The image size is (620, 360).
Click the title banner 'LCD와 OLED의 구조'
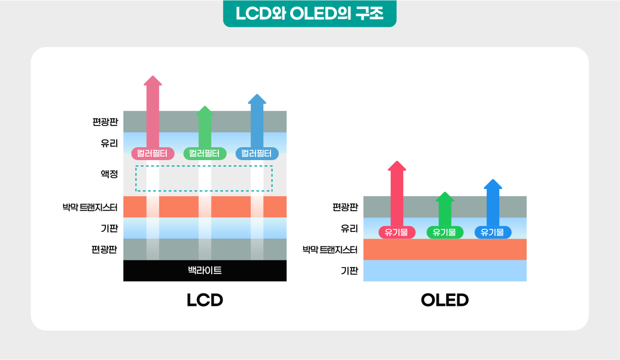pyautogui.click(x=310, y=13)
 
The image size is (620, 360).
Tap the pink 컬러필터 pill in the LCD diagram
pyautogui.click(x=153, y=153)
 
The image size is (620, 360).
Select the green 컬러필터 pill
pyautogui.click(x=205, y=153)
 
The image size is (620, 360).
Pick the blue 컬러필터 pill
pyautogui.click(x=257, y=153)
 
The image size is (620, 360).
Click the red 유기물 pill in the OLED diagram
pyautogui.click(x=397, y=232)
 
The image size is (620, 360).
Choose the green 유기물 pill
pyautogui.click(x=445, y=232)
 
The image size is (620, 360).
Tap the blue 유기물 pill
pyautogui.click(x=493, y=232)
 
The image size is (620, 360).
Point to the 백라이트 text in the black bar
pyautogui.click(x=205, y=270)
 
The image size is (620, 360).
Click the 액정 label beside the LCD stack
pyautogui.click(x=109, y=174)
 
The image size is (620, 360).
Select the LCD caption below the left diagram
pyautogui.click(x=205, y=300)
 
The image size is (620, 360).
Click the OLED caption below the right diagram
pyautogui.click(x=445, y=300)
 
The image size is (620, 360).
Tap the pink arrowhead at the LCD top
pyautogui.click(x=153, y=81)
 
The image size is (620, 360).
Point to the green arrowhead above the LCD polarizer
pyautogui.click(x=205, y=111)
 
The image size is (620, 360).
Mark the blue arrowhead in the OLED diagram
pyautogui.click(x=493, y=184)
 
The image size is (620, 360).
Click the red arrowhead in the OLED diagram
pyautogui.click(x=397, y=166)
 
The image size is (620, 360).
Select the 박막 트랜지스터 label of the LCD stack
pyautogui.click(x=90, y=207)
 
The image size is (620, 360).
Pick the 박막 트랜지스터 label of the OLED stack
pyautogui.click(x=330, y=250)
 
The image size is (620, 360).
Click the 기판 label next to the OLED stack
pyautogui.click(x=349, y=271)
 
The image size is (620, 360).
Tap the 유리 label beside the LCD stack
pyautogui.click(x=109, y=143)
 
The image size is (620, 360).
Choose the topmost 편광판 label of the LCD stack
pyautogui.click(x=105, y=122)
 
